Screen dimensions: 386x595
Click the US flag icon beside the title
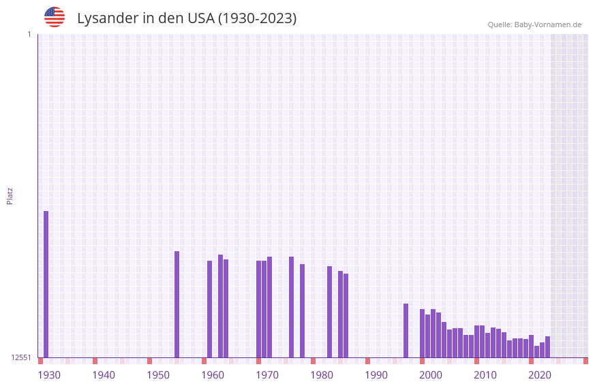click(x=55, y=17)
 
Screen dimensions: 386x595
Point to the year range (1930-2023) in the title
click(x=257, y=18)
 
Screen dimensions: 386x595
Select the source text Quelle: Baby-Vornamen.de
click(x=534, y=25)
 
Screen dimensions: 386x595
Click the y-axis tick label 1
click(x=29, y=34)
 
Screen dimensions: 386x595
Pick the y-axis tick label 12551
click(x=21, y=357)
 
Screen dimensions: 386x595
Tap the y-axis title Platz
click(x=10, y=195)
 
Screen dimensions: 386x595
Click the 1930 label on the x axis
click(x=49, y=375)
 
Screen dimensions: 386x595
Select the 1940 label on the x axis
click(x=104, y=375)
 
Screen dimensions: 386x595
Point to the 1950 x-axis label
click(x=158, y=375)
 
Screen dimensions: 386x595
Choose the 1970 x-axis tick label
click(x=267, y=375)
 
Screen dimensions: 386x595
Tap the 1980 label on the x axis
click(x=322, y=375)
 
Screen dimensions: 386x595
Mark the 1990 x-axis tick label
click(x=376, y=375)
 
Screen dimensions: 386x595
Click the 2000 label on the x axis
click(x=431, y=375)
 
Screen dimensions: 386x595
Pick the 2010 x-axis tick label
click(x=485, y=375)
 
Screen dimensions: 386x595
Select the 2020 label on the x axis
click(x=540, y=375)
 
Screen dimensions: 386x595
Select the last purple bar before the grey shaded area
click(x=547, y=347)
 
